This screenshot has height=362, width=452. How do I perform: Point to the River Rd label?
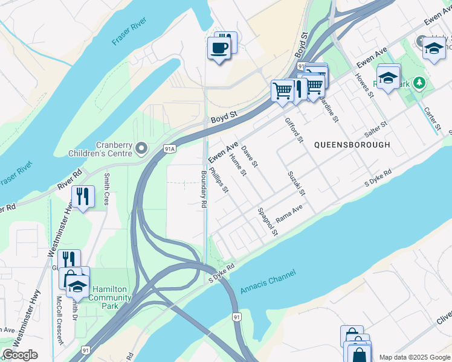[70, 180]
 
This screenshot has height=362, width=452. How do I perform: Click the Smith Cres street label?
[106, 189]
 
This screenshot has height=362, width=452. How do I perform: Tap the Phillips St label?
[219, 180]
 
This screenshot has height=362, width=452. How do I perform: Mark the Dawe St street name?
[250, 156]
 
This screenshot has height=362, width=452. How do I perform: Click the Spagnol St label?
[268, 221]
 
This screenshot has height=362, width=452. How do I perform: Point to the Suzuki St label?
[297, 183]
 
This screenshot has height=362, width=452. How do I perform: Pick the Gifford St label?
[294, 130]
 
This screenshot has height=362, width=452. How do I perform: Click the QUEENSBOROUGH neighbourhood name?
[352, 145]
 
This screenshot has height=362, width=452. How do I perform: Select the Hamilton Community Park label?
[106, 294]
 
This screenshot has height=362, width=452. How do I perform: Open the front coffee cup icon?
[219, 48]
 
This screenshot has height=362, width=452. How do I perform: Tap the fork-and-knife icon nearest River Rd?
[83, 196]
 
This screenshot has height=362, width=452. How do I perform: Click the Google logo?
[21, 355]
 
